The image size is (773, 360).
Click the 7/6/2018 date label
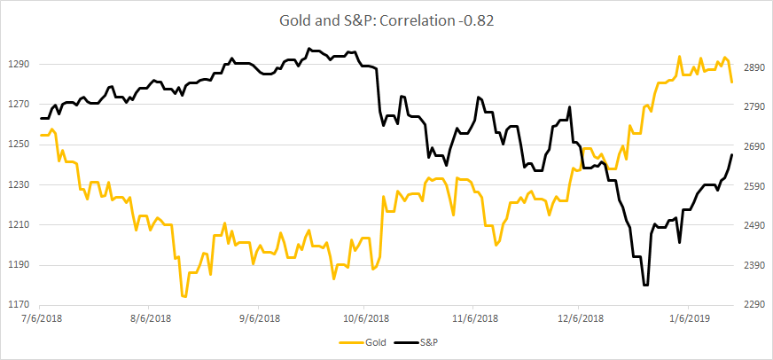point(42,317)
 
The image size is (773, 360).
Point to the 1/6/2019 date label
point(691,317)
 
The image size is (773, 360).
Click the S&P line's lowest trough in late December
point(645,285)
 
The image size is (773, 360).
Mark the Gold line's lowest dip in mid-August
point(183,296)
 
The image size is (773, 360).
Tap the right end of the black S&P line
point(732,155)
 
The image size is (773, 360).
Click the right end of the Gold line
point(732,82)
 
